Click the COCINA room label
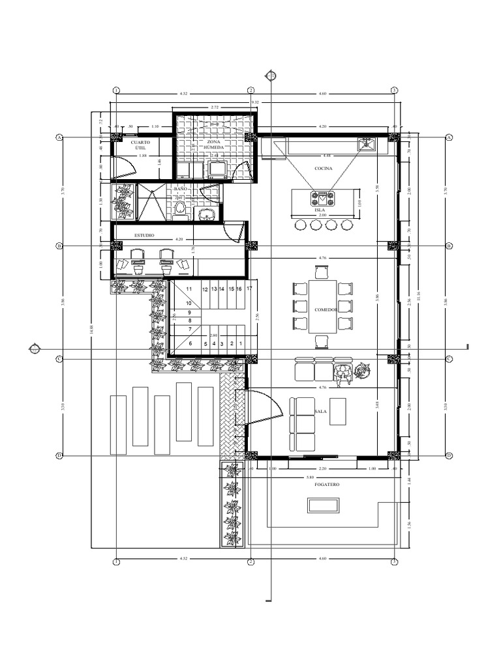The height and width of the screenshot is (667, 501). coord(323,169)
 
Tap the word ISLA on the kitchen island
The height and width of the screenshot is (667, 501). coord(319,210)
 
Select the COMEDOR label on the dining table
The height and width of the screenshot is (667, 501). coord(325,310)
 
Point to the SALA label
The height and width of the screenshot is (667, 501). coord(320,412)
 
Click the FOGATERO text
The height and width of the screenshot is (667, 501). coord(326,485)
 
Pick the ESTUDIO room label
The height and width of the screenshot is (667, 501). coord(144,234)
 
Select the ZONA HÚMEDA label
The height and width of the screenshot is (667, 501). coord(213,145)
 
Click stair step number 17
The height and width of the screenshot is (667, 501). coord(249,287)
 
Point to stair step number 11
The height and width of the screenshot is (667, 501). coord(189,288)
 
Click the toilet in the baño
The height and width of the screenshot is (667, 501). coord(181,208)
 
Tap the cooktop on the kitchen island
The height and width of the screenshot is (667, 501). coord(323,197)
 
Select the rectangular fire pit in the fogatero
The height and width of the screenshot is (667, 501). coord(323,505)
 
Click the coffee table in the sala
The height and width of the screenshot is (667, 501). coord(338,412)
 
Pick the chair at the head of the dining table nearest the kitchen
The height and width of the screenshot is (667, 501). coord(321,272)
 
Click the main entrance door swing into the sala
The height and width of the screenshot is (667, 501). coord(264,407)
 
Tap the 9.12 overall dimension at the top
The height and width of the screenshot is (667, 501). coord(255,102)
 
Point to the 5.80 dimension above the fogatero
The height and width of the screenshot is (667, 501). coord(320,477)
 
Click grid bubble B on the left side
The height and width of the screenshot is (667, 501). coord(59,246)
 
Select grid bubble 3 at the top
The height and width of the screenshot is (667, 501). coord(394,90)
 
